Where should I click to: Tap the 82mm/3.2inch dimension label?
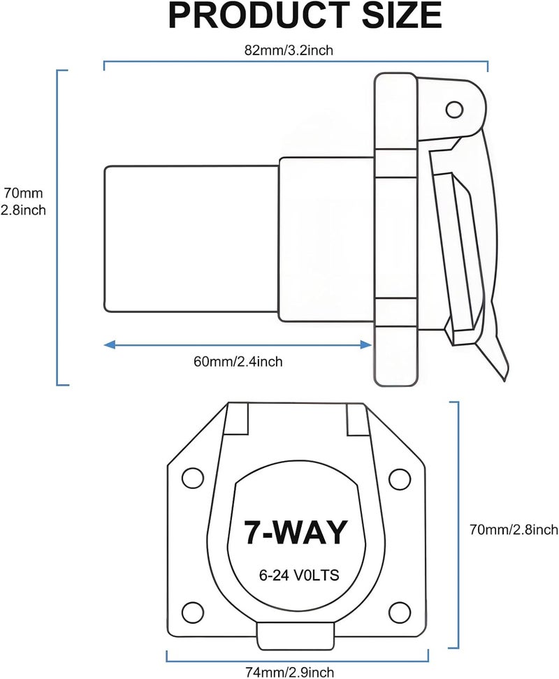click(289, 50)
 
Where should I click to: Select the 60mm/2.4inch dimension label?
click(238, 361)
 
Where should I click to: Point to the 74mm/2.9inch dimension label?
click(290, 672)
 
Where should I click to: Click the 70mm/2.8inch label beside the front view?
click(514, 530)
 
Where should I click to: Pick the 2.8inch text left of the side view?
click(23, 210)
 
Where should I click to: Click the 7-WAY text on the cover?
click(296, 532)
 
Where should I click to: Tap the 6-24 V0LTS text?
click(299, 575)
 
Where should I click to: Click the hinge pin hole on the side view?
click(454, 109)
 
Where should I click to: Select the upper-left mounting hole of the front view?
click(193, 479)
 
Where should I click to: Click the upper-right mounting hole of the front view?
click(400, 479)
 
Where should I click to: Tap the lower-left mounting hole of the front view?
click(193, 611)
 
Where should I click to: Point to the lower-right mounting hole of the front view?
click(400, 611)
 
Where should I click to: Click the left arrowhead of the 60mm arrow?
click(110, 344)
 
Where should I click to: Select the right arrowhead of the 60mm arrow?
click(366, 344)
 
